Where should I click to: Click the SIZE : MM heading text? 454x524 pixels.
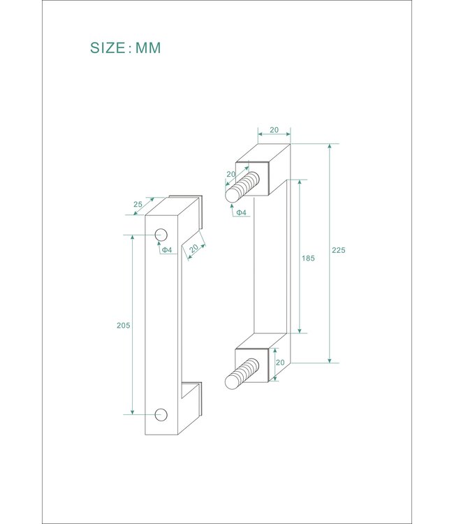coord(125,48)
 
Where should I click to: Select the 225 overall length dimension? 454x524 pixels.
coord(339,250)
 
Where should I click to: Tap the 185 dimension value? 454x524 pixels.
coord(308,258)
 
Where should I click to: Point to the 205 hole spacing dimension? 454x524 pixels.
coord(123,325)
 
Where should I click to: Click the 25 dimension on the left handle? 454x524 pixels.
coord(138,204)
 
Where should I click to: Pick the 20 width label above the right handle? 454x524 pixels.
coord(274,130)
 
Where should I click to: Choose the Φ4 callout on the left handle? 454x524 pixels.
coord(167,249)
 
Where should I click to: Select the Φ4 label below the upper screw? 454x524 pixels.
coord(241,212)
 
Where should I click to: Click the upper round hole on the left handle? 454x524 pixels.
coord(161,235)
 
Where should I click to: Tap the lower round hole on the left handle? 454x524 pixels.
coord(161,414)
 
